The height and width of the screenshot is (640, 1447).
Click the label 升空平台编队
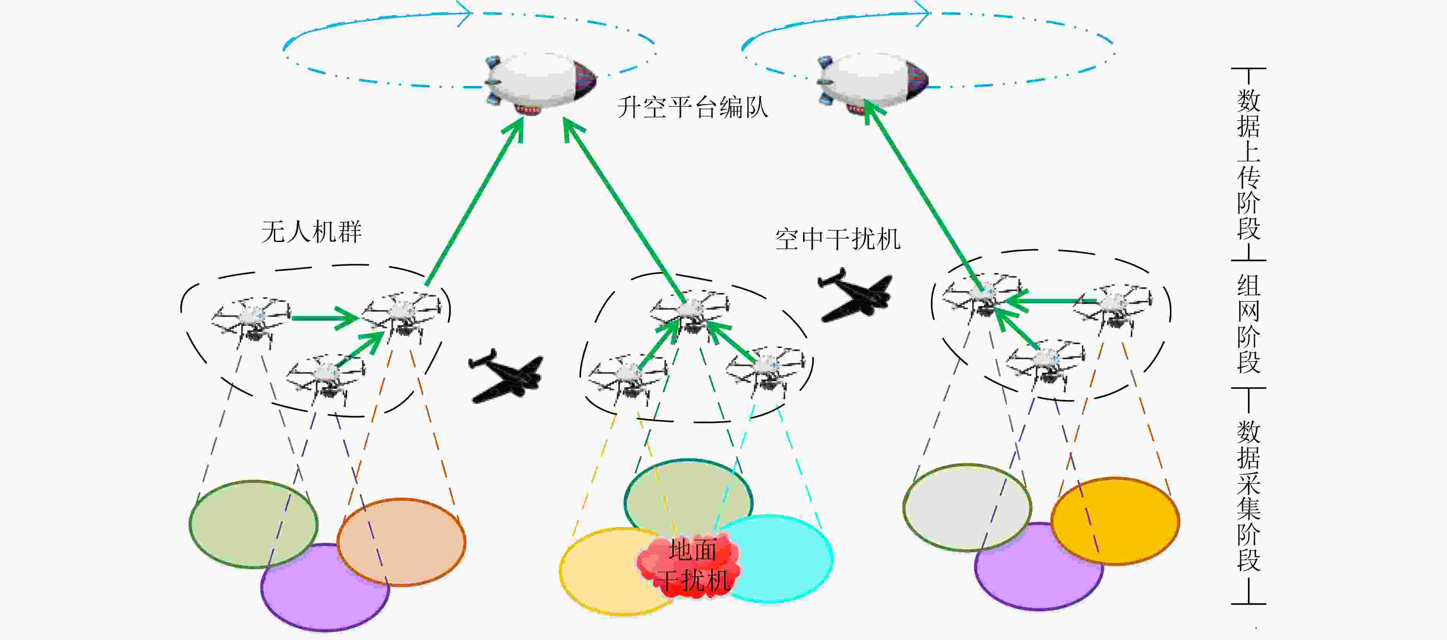click(692, 107)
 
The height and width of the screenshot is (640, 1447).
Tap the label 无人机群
click(311, 231)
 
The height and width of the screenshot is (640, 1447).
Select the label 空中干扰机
click(838, 239)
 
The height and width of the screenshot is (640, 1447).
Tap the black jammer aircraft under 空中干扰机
click(855, 295)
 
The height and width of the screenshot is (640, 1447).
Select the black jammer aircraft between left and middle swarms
click(506, 376)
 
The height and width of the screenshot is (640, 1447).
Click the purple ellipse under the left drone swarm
click(325, 587)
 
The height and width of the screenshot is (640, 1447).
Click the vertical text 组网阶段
click(1248, 324)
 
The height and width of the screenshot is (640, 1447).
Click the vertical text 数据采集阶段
click(1248, 496)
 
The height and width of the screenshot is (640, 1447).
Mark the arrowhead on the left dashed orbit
click(464, 12)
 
